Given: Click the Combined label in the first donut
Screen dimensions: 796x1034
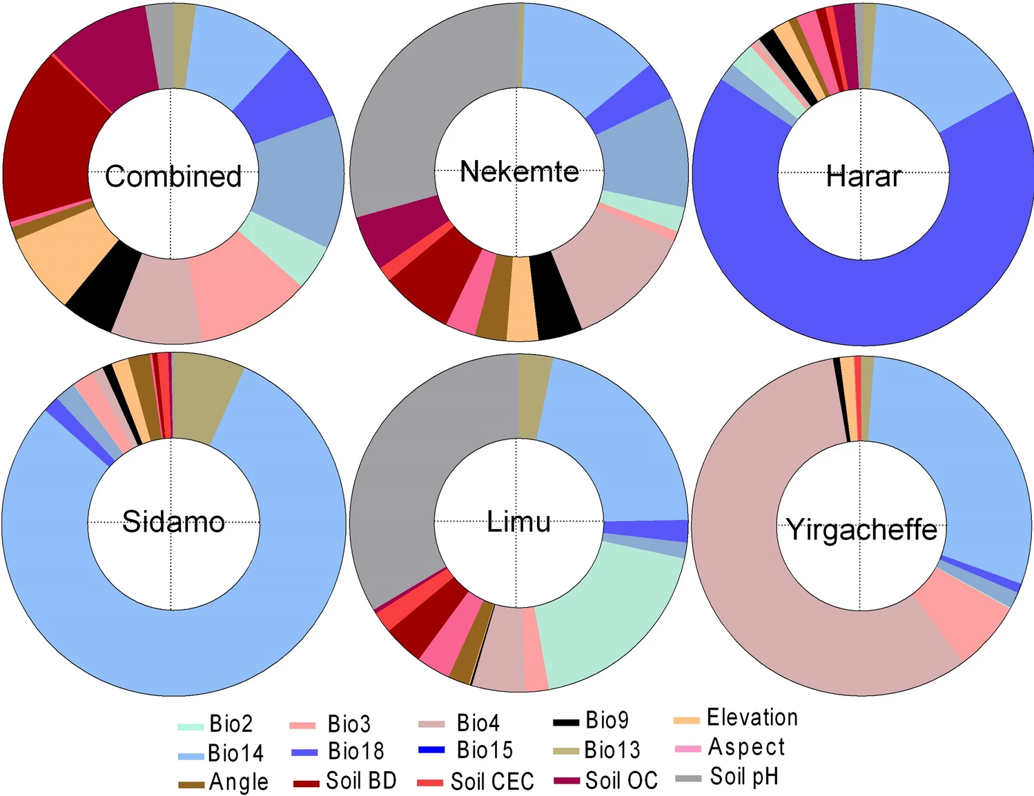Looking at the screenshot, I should [x=173, y=177].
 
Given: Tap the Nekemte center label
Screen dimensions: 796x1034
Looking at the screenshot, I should [x=519, y=172].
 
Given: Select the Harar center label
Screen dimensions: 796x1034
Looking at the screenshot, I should [x=863, y=177].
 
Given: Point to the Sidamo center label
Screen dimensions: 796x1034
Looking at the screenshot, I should [x=173, y=521].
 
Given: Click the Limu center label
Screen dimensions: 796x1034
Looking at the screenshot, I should [x=518, y=521].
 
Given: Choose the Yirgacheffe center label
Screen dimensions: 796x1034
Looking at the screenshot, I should [x=861, y=530].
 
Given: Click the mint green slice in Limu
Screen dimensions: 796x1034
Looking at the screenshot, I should [x=607, y=621].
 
